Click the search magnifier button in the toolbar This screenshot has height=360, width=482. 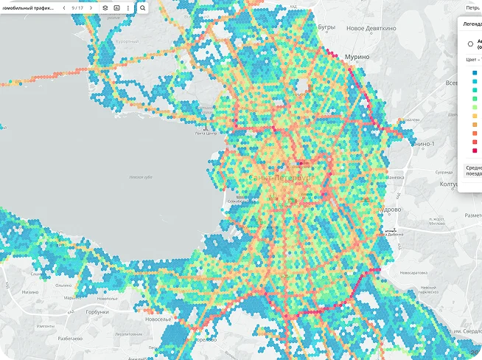(142, 7)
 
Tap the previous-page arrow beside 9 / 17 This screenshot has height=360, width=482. (64, 7)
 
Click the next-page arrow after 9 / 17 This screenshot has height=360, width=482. (91, 7)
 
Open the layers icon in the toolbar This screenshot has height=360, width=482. (105, 7)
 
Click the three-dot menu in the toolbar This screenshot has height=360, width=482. (128, 7)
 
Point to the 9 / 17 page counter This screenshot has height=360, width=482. (77, 7)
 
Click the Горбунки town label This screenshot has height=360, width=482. (96, 312)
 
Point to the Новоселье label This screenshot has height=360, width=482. (158, 319)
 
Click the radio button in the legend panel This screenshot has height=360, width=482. (470, 44)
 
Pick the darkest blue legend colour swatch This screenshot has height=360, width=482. (473, 72)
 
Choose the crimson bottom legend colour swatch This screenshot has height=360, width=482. (473, 150)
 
